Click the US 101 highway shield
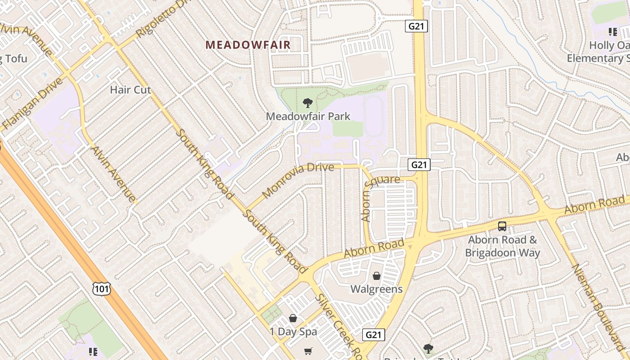(x=102, y=288)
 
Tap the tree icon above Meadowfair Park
(x=308, y=103)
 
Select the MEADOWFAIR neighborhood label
(x=248, y=45)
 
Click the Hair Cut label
(x=130, y=90)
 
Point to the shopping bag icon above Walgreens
(x=377, y=275)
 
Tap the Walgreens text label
(x=377, y=288)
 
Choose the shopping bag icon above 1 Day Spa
(x=293, y=319)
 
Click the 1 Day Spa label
(x=293, y=332)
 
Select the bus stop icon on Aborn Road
(x=502, y=226)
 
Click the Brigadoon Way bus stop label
(x=502, y=246)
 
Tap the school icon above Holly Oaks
(x=612, y=31)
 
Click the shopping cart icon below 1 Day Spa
(x=308, y=351)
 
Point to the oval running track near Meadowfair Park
(x=373, y=116)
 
